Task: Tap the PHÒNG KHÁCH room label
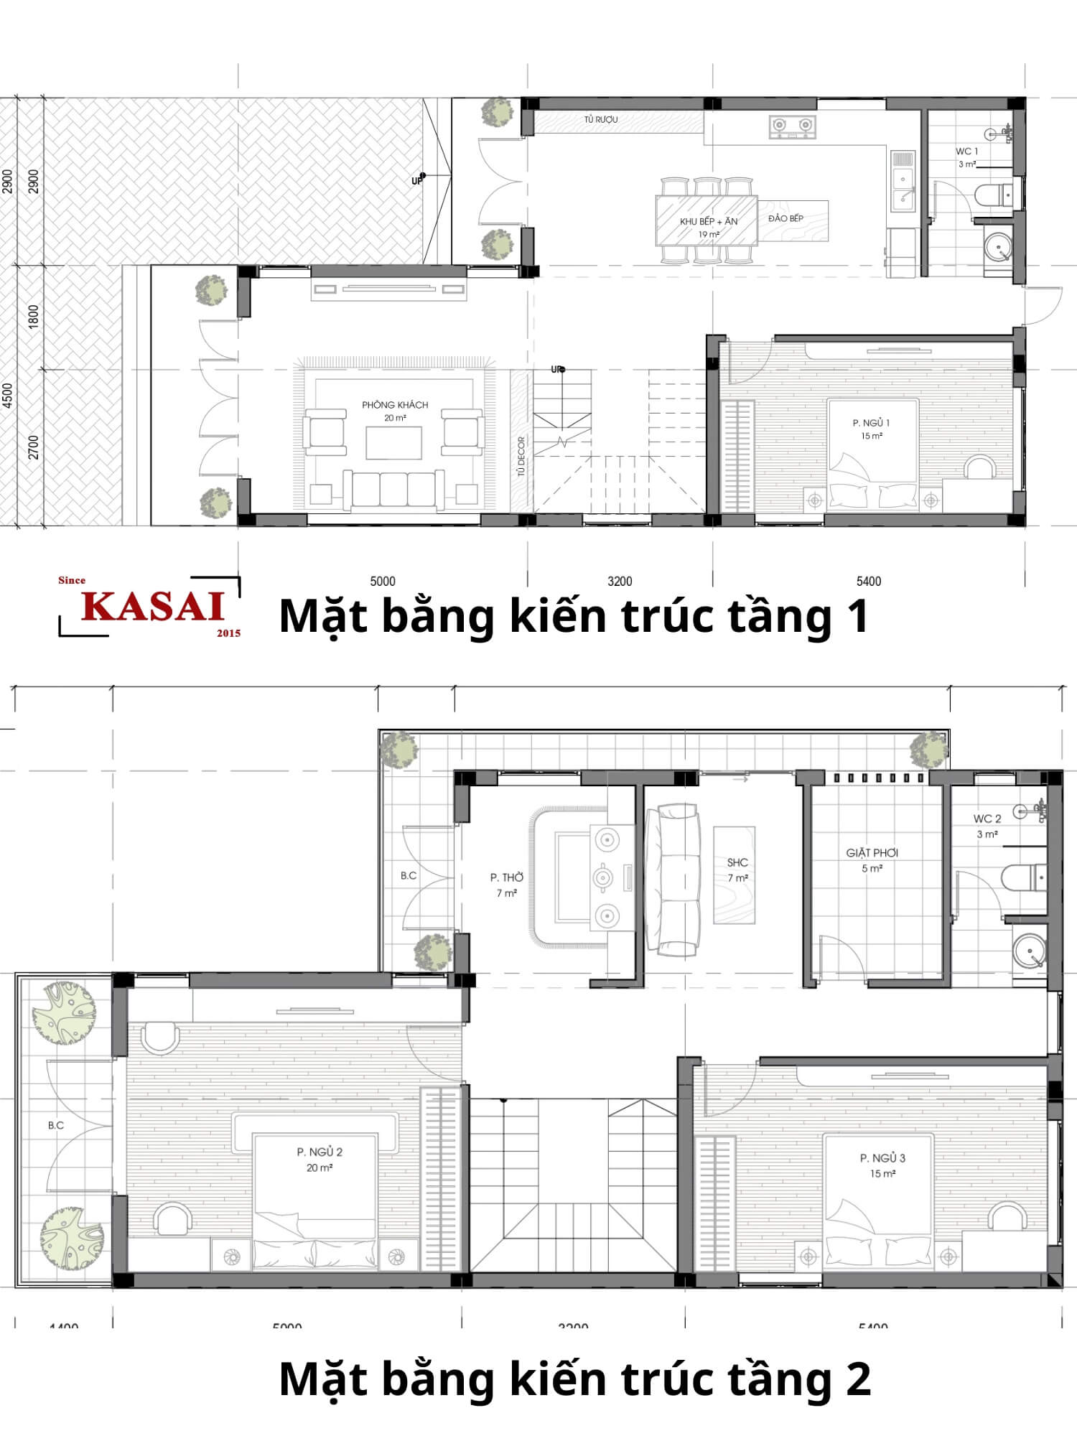coord(395,405)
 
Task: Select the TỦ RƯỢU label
coord(600,120)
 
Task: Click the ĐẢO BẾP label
coord(785,218)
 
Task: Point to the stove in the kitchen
coord(793,126)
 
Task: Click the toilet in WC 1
coord(993,194)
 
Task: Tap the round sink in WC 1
coord(997,246)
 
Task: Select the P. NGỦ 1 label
coord(871,423)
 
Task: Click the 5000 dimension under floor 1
coord(383,581)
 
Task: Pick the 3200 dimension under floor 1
coord(620,581)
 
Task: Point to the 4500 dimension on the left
coord(8,396)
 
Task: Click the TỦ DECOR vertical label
coord(521,456)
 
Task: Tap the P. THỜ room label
coord(507,877)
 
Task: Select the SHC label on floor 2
coord(737,862)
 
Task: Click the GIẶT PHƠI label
coord(872,853)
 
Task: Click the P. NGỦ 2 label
coord(320,1152)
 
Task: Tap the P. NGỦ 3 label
coord(882,1157)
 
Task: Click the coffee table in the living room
coord(393,442)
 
